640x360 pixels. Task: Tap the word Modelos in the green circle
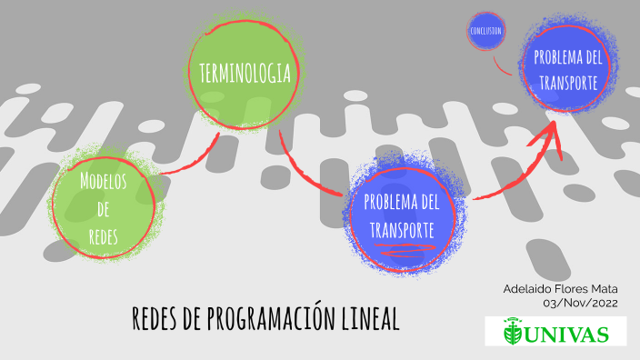103,179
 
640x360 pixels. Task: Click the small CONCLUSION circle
486,31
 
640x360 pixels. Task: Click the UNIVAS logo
555,332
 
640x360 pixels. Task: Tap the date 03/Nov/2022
580,303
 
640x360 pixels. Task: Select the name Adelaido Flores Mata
561,288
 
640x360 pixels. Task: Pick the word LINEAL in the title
371,318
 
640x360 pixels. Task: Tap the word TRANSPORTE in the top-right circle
567,82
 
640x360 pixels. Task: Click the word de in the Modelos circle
103,208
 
